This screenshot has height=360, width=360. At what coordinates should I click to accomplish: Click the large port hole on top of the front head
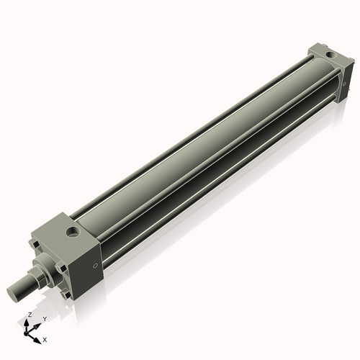[x=73, y=232]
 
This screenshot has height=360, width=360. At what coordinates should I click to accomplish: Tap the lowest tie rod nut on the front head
[x=66, y=294]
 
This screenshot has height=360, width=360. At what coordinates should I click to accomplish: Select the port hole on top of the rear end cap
[x=329, y=53]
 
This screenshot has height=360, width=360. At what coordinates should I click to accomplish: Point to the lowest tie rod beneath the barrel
[x=216, y=187]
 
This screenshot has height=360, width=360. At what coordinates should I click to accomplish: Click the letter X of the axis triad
[x=45, y=338]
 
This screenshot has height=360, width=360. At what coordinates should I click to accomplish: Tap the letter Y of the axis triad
[x=45, y=318]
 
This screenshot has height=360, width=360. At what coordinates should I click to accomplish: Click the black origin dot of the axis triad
[x=28, y=333]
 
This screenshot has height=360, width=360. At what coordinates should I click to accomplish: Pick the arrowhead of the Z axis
[x=27, y=321]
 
